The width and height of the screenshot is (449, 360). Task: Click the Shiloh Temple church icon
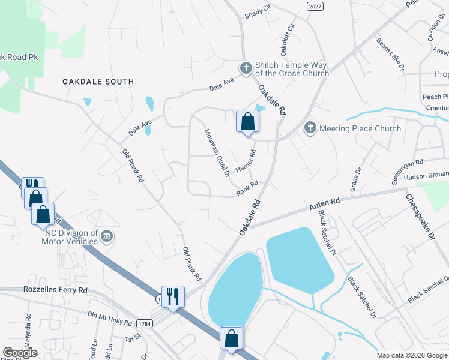245,69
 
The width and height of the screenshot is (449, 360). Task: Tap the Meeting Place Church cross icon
310,128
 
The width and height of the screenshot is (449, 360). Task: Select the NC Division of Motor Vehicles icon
106,236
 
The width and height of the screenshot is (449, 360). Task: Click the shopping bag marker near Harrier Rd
247,122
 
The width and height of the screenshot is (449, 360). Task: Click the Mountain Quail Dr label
217,153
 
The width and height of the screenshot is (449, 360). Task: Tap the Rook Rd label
247,188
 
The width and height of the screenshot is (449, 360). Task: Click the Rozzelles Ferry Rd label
56,290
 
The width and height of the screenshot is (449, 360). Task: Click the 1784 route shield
145,324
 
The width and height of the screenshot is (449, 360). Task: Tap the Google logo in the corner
19,352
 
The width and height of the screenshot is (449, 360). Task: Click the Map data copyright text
411,355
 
